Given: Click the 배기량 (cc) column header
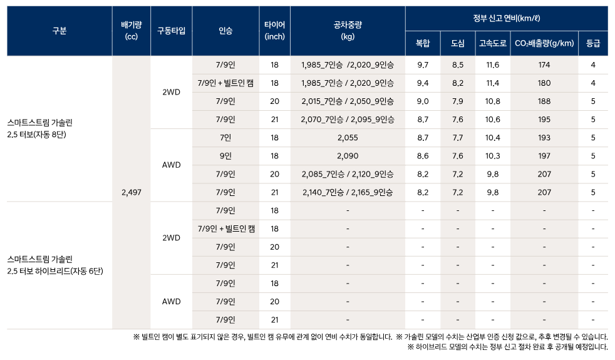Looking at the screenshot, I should (x=131, y=31).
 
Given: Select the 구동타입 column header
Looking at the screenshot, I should (x=171, y=31).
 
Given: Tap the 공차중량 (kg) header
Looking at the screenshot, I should (x=348, y=31).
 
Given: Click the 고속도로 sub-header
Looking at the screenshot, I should (x=493, y=44).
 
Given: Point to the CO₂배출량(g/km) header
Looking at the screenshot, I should (x=544, y=44).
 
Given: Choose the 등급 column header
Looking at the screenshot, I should (x=592, y=44).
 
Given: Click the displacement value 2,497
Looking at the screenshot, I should (x=132, y=193).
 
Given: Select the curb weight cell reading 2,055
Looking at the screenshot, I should (x=348, y=138).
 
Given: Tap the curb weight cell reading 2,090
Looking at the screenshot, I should (x=348, y=156).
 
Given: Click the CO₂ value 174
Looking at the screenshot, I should (x=544, y=65).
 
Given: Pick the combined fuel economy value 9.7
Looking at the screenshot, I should (x=423, y=65).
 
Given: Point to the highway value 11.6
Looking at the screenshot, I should (x=493, y=65).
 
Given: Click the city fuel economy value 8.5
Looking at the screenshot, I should (x=458, y=65).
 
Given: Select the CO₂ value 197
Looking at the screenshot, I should (x=544, y=156).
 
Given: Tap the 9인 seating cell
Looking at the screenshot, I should (x=225, y=156).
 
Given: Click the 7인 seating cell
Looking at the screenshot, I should (x=225, y=138).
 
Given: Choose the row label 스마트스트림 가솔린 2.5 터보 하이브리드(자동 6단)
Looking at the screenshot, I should (x=55, y=265).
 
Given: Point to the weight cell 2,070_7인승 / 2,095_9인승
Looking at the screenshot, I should (x=348, y=120).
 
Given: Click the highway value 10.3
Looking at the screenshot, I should (x=493, y=156).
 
